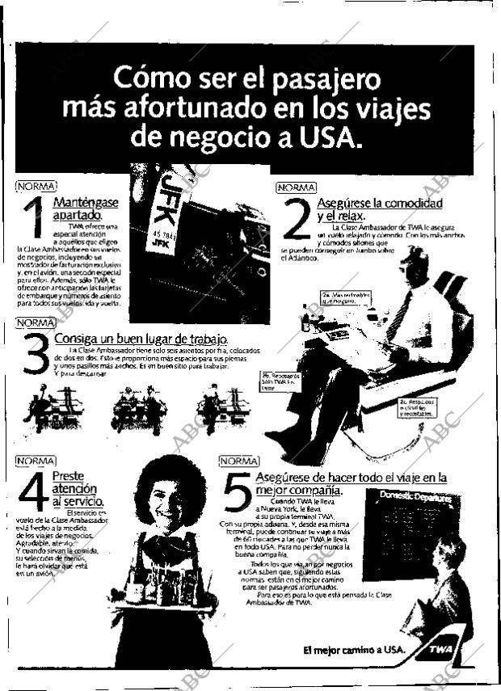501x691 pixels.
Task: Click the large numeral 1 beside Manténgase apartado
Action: point(32,220)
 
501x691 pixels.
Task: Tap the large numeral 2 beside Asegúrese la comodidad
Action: point(296,221)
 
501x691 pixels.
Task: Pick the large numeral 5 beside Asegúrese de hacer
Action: point(238,493)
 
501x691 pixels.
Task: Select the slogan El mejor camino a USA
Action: point(352,650)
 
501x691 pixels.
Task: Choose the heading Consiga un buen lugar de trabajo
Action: point(141,338)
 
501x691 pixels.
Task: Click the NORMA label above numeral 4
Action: point(36,461)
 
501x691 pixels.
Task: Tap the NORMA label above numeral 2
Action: point(297,187)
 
